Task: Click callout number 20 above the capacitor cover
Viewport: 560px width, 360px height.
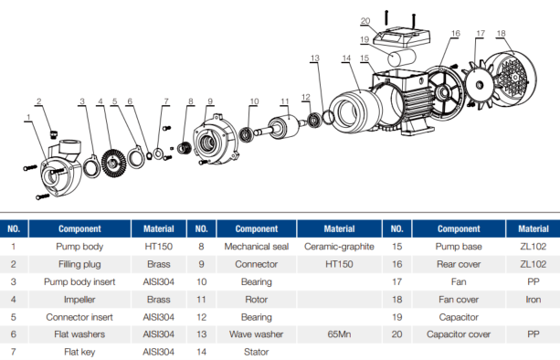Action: pyautogui.click(x=365, y=21)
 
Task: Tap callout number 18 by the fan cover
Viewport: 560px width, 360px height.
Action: pyautogui.click(x=501, y=33)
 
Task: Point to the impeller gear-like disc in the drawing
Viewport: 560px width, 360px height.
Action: pyautogui.click(x=113, y=164)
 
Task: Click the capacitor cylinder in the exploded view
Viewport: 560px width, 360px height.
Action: pyautogui.click(x=402, y=58)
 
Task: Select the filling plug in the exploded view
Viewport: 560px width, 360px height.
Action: pyautogui.click(x=54, y=134)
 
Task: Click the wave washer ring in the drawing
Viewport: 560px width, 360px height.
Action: pyautogui.click(x=329, y=117)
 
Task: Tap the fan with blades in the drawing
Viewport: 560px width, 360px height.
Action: pyautogui.click(x=479, y=86)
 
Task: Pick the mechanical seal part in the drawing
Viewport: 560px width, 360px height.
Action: pyautogui.click(x=185, y=148)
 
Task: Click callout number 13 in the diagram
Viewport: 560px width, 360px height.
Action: pyautogui.click(x=314, y=58)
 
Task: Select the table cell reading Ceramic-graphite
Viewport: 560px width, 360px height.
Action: pyautogui.click(x=339, y=247)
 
